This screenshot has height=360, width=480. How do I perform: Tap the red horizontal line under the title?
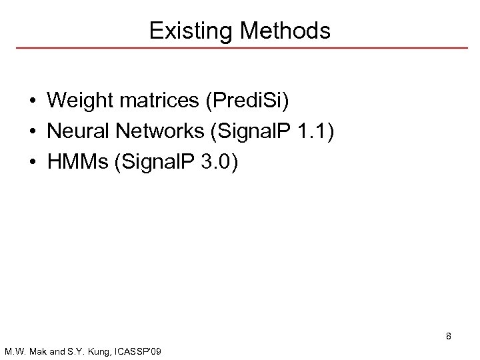(240, 49)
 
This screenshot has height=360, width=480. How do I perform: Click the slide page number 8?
(449, 337)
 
